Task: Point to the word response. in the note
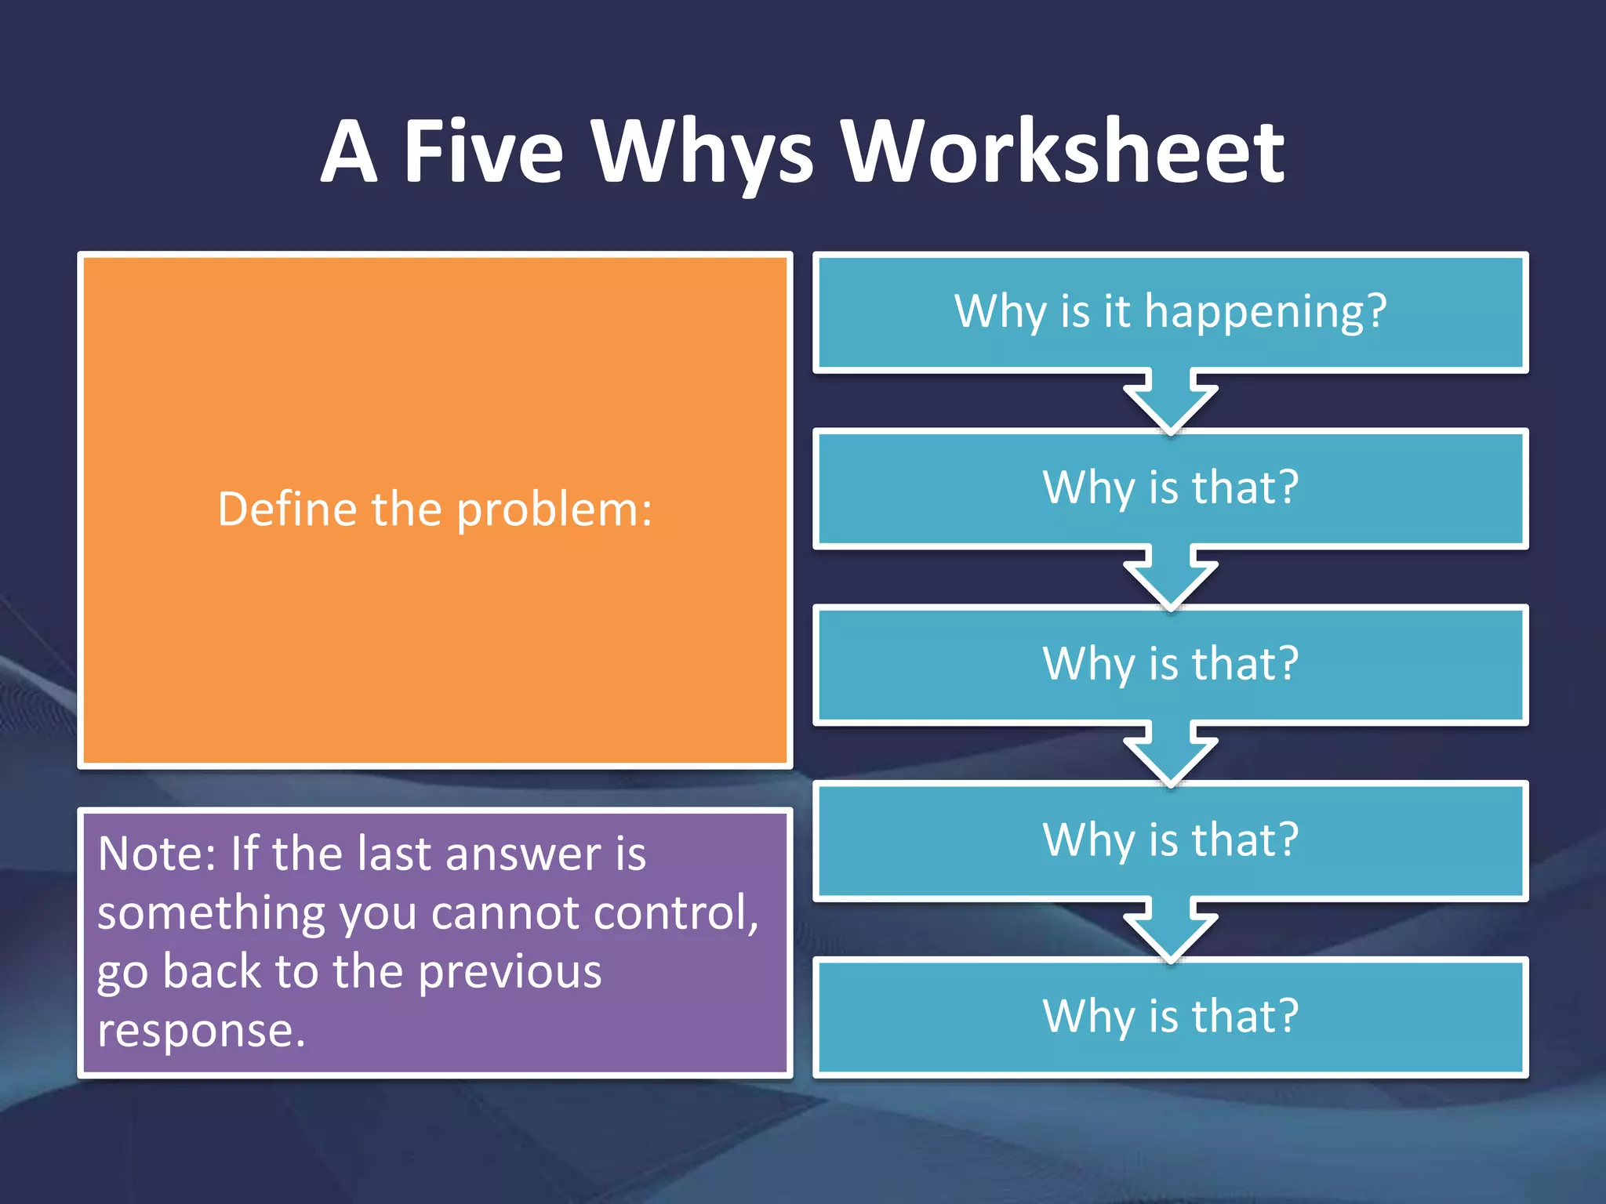tap(201, 1032)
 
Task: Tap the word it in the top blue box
tap(1117, 310)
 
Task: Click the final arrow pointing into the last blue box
tap(1170, 930)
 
